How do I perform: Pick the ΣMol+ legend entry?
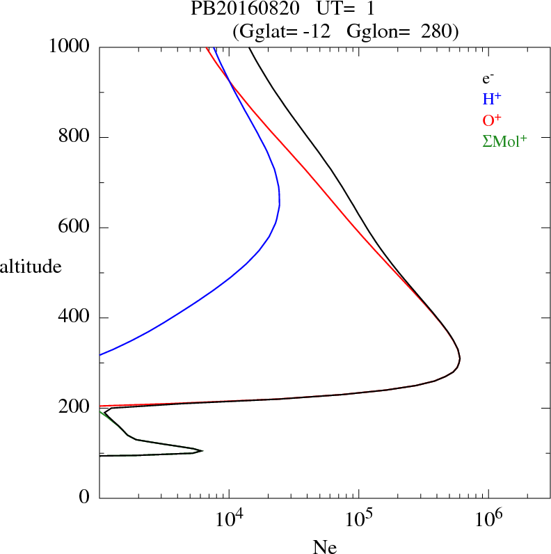click(504, 141)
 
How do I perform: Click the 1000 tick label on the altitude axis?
click(70, 47)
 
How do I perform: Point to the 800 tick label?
click(74, 137)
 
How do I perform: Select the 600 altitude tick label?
click(74, 228)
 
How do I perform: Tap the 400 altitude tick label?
click(74, 318)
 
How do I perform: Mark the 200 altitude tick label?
click(74, 408)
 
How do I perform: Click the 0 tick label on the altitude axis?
click(84, 498)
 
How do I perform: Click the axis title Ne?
click(324, 546)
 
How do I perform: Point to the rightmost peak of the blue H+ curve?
click(279, 205)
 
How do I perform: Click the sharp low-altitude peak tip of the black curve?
click(202, 450)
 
